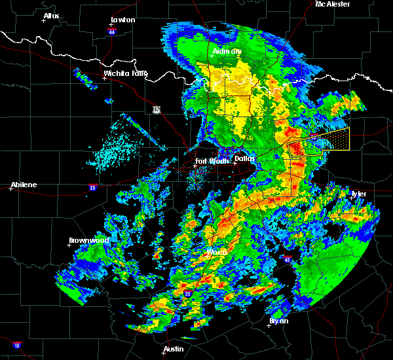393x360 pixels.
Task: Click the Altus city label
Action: [x=51, y=16]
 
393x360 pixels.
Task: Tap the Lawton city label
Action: [x=122, y=20]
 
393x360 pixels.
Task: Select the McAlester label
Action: [x=333, y=5]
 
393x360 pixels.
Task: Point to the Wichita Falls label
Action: [x=125, y=73]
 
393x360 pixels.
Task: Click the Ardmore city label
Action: [x=227, y=51]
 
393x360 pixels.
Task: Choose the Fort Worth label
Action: [x=211, y=161]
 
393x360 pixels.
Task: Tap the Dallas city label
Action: [x=244, y=158]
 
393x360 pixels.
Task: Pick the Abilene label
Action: [x=23, y=185]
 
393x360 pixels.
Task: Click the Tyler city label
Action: [x=358, y=194]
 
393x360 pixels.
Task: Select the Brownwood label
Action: [x=88, y=240]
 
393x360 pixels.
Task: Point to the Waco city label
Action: [x=216, y=252]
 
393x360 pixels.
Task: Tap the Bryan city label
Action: [x=278, y=321]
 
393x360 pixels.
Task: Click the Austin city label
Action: [x=174, y=349]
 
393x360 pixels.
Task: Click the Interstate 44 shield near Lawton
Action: [x=112, y=30]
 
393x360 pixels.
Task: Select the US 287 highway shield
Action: [x=157, y=109]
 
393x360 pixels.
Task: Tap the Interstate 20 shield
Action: [x=93, y=187]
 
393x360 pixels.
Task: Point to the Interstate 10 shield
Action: [x=16, y=345]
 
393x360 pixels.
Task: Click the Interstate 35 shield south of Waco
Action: [x=187, y=295]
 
